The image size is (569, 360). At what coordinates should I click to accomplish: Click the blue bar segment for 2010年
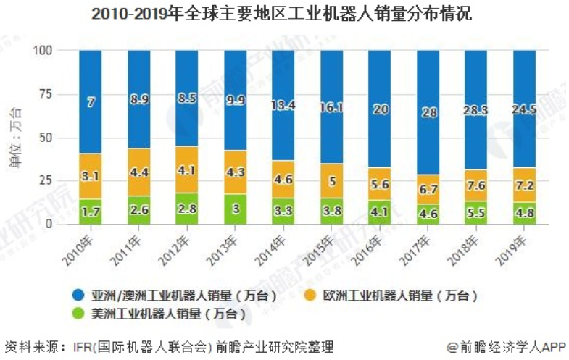91,101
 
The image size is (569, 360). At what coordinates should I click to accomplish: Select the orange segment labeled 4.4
138,172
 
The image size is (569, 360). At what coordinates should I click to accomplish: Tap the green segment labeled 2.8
187,209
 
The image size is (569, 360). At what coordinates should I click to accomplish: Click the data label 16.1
331,106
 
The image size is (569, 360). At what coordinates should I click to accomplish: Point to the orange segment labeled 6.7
428,189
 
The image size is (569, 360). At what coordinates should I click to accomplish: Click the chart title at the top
283,14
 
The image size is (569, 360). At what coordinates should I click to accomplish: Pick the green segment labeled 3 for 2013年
235,209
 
